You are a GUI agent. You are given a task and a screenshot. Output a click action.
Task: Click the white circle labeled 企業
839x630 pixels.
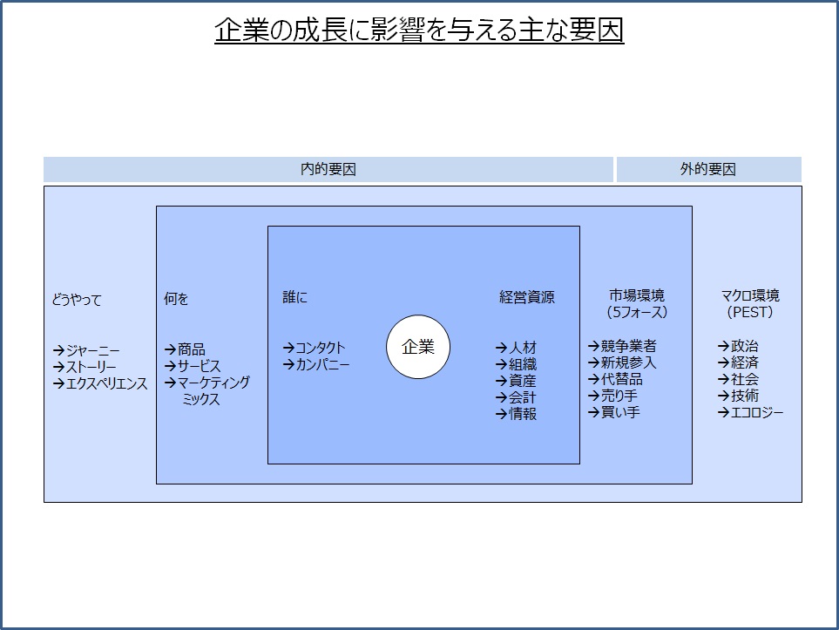(418, 347)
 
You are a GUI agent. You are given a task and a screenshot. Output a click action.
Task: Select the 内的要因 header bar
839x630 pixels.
(328, 170)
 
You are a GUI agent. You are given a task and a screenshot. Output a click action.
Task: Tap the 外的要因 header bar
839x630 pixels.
(709, 170)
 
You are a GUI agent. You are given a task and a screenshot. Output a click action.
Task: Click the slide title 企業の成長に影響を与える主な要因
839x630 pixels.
(419, 30)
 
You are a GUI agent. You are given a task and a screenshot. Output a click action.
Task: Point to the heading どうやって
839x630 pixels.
(77, 300)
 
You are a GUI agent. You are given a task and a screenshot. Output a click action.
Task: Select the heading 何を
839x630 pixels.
(176, 299)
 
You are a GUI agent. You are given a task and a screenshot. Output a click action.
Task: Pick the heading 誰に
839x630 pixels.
(294, 297)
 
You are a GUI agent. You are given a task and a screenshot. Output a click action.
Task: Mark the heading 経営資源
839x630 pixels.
(526, 297)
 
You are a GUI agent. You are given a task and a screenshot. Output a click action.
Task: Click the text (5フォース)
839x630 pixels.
(637, 312)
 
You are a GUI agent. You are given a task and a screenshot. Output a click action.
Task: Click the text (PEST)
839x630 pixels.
(749, 312)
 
